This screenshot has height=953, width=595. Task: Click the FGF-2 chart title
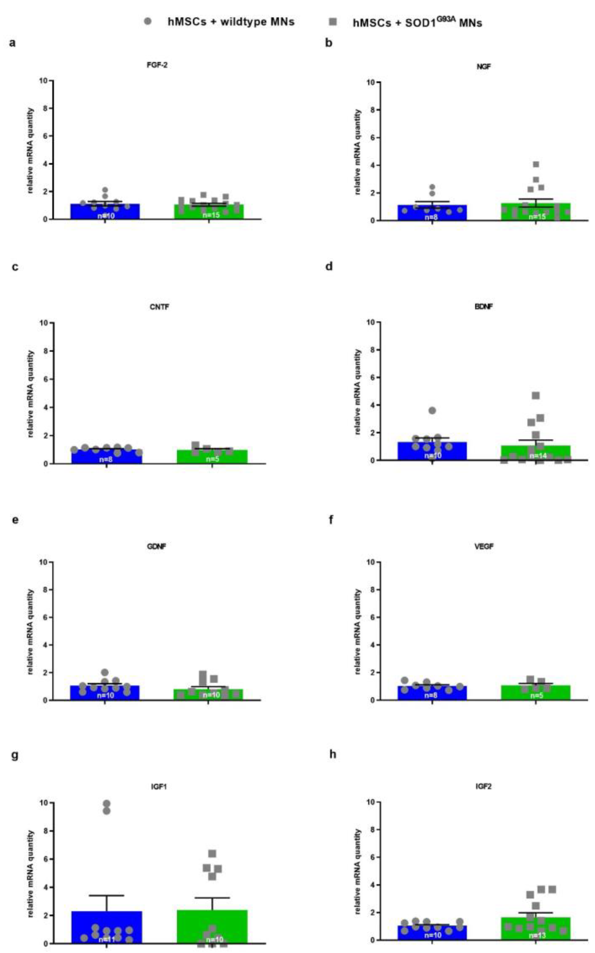pyautogui.click(x=157, y=65)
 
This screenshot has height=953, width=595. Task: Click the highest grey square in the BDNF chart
pyautogui.click(x=535, y=396)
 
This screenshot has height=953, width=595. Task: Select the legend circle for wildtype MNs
pyautogui.click(x=148, y=22)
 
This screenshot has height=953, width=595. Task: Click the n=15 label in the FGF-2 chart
pyautogui.click(x=211, y=215)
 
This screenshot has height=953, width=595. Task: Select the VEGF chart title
pyautogui.click(x=484, y=547)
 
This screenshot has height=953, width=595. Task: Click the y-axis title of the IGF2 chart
pyautogui.click(x=357, y=872)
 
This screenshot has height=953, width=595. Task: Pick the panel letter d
pyautogui.click(x=329, y=266)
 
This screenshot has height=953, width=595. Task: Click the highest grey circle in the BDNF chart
pyautogui.click(x=432, y=411)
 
